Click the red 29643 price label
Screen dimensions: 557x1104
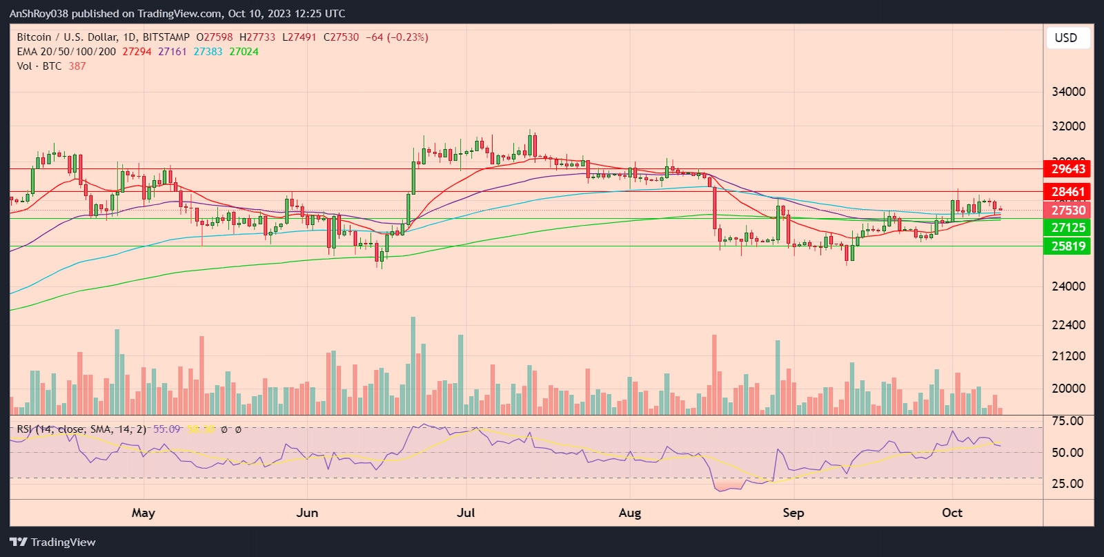point(1068,168)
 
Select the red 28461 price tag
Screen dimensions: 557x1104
point(1068,192)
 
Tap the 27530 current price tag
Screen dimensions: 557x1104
point(1068,210)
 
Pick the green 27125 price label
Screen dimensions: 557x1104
point(1068,227)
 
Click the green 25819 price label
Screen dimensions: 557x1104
point(1068,246)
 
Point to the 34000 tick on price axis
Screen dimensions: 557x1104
point(1068,92)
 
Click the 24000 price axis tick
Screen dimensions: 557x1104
point(1068,286)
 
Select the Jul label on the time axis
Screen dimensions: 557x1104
point(466,513)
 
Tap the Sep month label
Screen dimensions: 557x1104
point(793,513)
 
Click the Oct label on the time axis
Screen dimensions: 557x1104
point(952,513)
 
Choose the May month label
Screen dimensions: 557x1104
point(144,513)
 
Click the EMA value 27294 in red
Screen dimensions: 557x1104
point(137,52)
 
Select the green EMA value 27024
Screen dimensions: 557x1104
point(244,52)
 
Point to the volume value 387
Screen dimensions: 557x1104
point(77,66)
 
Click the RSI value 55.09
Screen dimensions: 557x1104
point(166,429)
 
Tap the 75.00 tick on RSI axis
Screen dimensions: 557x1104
point(1067,420)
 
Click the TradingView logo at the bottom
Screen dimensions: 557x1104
point(53,542)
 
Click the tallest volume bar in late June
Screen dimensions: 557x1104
point(413,366)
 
